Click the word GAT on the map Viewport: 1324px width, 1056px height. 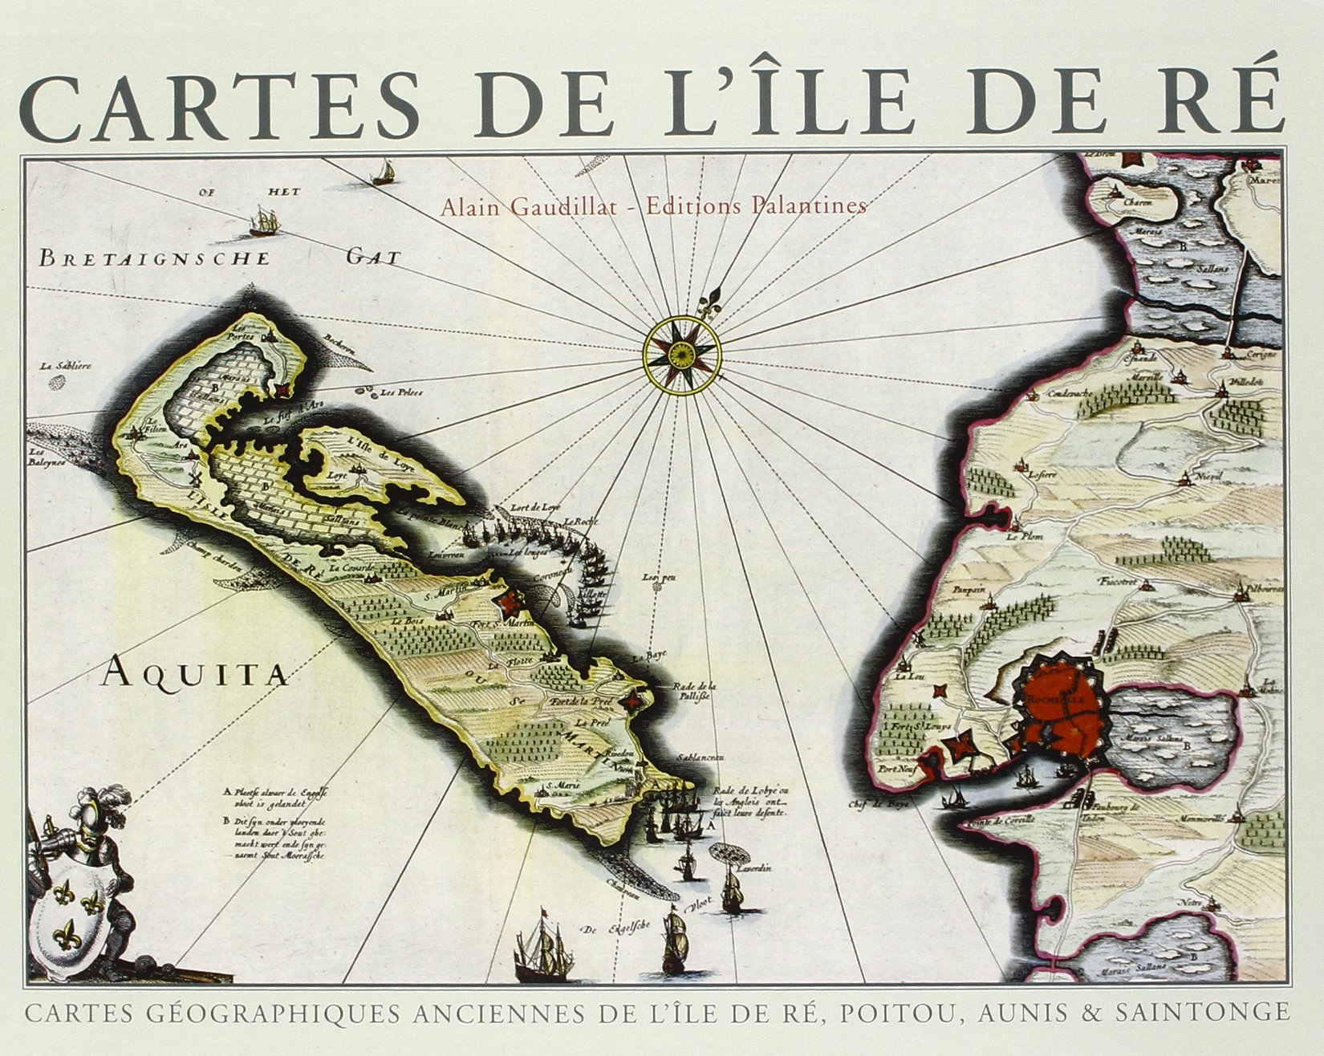pos(373,258)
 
